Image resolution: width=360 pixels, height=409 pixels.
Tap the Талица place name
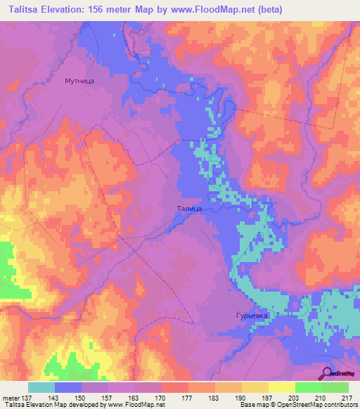click(189, 209)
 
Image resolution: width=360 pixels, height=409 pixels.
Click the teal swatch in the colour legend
click(41, 387)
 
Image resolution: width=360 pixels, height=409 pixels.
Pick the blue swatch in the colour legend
click(68, 387)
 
